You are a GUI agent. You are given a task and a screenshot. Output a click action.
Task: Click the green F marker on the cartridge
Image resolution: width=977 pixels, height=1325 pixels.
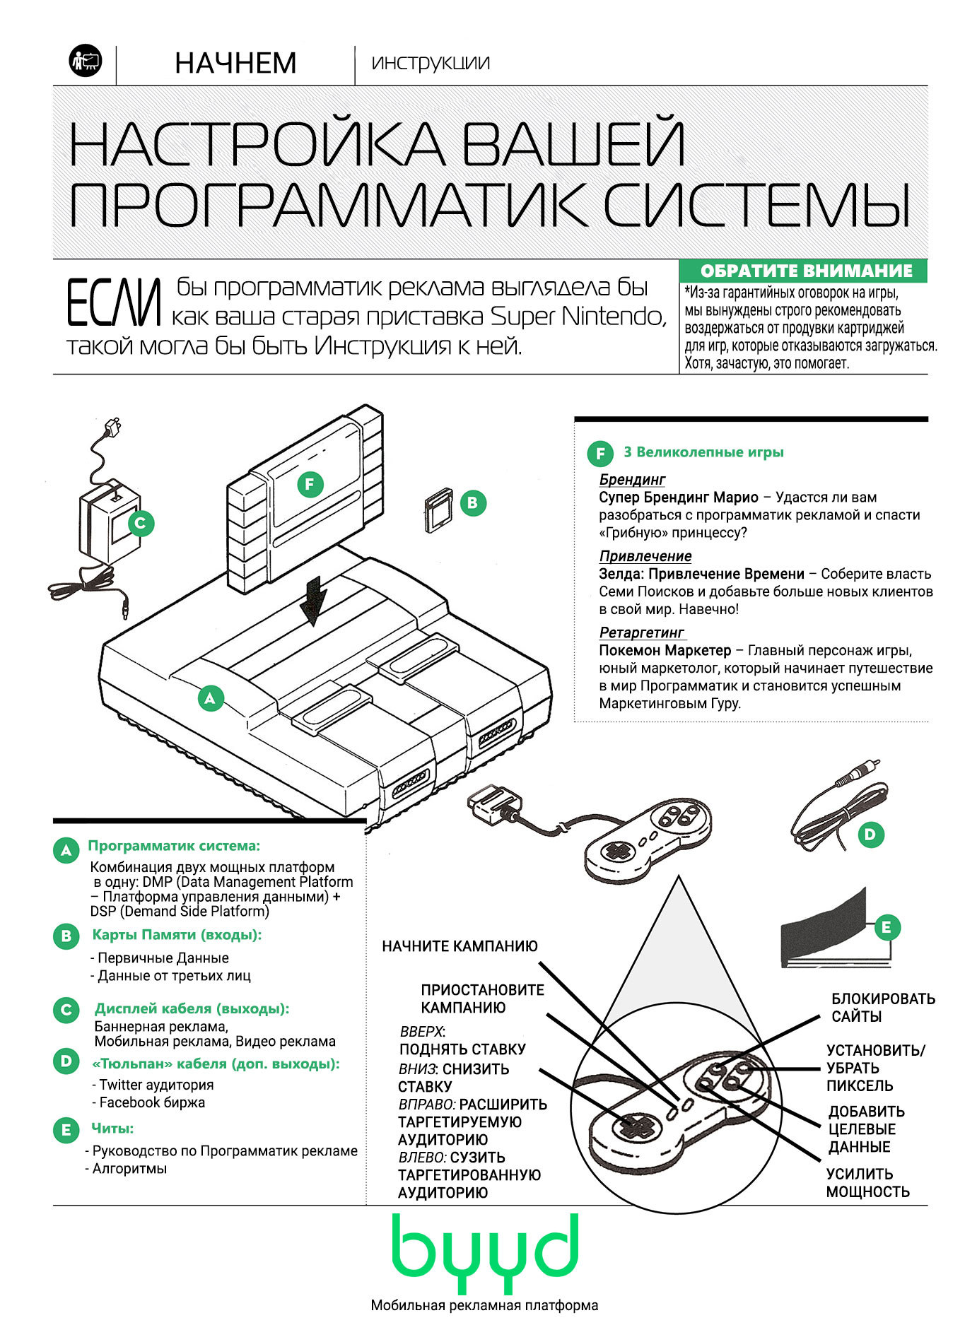pos(310,485)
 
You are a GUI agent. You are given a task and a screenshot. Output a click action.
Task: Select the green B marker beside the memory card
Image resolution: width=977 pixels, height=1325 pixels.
pos(472,503)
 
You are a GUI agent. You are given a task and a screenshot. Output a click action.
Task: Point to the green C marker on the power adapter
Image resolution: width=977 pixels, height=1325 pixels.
pos(140,524)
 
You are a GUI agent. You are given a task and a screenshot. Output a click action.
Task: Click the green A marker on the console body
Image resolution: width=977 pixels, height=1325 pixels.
pos(209,698)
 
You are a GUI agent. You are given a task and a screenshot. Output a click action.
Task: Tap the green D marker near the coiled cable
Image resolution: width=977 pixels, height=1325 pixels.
pos(870,835)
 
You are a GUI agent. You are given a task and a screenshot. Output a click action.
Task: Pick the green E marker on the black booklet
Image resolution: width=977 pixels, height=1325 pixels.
pos(887,926)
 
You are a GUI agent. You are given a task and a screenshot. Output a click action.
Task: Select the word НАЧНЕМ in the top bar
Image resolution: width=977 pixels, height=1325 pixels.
pos(235,64)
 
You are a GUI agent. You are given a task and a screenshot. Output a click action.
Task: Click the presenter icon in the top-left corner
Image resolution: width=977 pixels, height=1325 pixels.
pos(86,61)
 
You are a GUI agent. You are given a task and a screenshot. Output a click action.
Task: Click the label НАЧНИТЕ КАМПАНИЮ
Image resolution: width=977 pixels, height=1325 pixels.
pos(460,946)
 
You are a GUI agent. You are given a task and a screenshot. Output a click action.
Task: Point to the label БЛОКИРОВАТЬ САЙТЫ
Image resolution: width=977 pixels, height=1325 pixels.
pos(882,1008)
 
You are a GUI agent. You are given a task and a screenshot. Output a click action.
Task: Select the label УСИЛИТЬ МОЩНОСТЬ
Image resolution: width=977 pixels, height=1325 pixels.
pos(867,1183)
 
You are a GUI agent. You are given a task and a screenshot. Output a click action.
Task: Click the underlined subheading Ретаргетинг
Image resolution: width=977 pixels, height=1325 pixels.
pos(642,632)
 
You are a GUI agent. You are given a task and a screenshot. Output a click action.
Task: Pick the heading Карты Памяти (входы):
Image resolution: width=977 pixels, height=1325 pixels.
pos(177,935)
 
